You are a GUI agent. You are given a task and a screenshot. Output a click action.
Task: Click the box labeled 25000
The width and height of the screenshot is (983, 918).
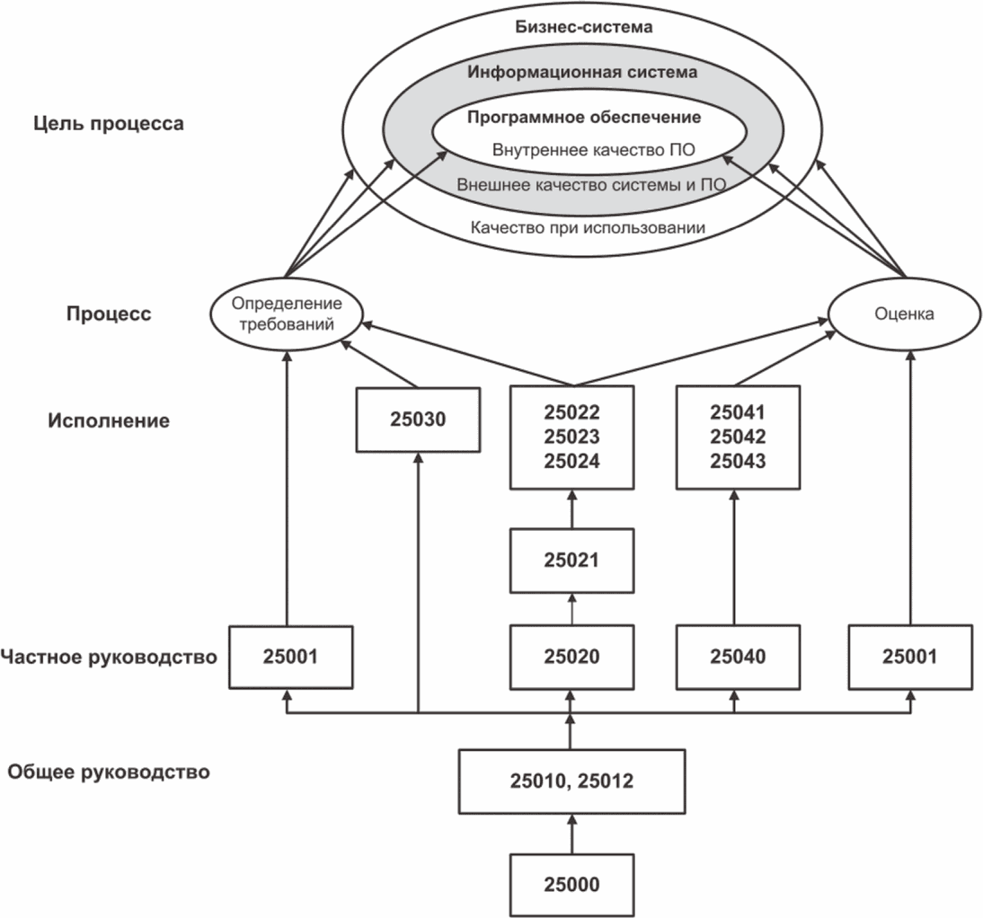[571, 884]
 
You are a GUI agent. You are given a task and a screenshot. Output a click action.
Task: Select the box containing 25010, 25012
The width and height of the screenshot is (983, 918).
[571, 781]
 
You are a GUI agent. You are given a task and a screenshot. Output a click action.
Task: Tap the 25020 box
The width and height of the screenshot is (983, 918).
[571, 656]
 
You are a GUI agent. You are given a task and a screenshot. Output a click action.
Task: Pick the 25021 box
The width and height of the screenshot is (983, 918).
[571, 560]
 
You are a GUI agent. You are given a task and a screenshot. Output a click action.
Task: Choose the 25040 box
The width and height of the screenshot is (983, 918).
[737, 656]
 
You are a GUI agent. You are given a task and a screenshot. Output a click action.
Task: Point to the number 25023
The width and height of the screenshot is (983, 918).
[571, 437]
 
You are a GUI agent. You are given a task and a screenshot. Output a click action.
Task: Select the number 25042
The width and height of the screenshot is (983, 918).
[737, 437]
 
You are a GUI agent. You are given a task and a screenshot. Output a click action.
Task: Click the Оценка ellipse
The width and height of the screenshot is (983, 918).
[904, 313]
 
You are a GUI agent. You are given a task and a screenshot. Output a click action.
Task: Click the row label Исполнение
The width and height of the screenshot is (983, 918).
[109, 419]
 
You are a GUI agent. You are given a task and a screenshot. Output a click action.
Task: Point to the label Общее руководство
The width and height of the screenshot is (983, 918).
[109, 772]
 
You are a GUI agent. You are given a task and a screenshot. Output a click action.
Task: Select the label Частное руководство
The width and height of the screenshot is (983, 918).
[109, 657]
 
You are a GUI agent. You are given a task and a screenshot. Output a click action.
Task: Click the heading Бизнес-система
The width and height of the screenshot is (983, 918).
[583, 26]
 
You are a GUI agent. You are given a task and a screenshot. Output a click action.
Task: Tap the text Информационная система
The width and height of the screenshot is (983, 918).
[582, 72]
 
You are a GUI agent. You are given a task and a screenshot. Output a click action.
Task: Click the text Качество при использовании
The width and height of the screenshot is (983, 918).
[587, 228]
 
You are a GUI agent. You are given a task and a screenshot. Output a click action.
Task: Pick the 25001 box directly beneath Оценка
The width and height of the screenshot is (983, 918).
[910, 656]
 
